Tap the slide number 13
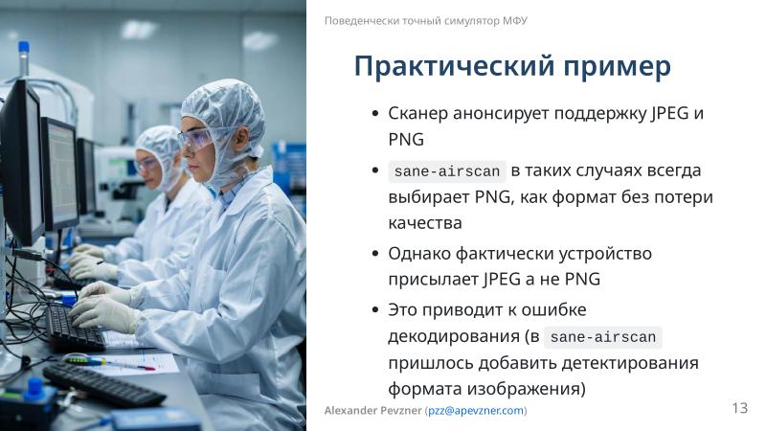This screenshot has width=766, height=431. pos(739,409)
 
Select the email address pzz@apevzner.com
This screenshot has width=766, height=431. pos(476,411)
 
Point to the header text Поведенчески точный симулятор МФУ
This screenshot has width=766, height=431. pos(425,20)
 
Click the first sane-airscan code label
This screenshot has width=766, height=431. pos(446,172)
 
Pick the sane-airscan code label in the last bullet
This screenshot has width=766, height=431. pos(602,337)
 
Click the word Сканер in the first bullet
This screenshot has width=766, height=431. pos(418,113)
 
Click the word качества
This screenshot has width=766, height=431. pos(425,223)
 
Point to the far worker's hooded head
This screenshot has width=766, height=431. pos(158,153)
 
